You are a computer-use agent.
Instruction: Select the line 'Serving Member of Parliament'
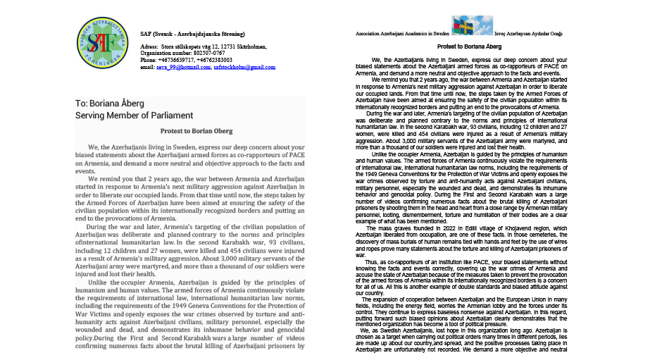click(135, 116)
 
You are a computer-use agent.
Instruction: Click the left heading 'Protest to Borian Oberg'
click(191, 130)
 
